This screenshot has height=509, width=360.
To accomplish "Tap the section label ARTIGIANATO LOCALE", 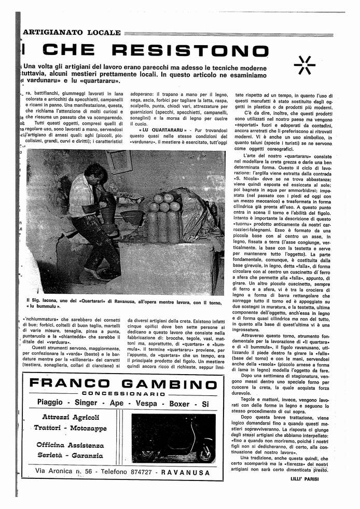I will click(72, 33).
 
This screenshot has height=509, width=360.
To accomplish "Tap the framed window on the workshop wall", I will click(119, 162).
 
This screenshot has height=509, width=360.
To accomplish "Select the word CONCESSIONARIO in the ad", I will click(123, 394).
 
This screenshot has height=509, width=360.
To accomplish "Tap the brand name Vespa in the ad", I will click(146, 403).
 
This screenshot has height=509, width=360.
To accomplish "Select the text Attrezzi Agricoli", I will click(71, 418).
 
